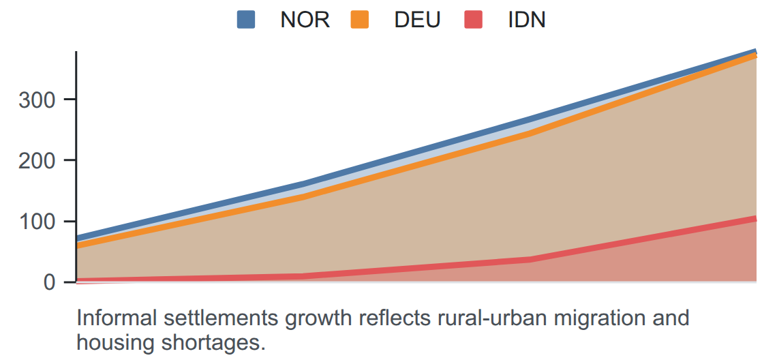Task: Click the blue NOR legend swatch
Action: pyautogui.click(x=246, y=20)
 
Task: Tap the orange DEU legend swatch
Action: pyautogui.click(x=360, y=20)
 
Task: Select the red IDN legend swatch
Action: pyautogui.click(x=473, y=20)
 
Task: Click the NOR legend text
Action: pyautogui.click(x=305, y=20)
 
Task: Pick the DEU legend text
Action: pyautogui.click(x=417, y=20)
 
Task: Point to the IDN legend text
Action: pyautogui.click(x=527, y=20)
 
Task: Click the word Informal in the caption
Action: pyautogui.click(x=112, y=318)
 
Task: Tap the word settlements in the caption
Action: pyautogui.click(x=203, y=318)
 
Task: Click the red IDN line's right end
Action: pyautogui.click(x=756, y=218)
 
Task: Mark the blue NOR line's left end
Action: pyautogui.click(x=77, y=239)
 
